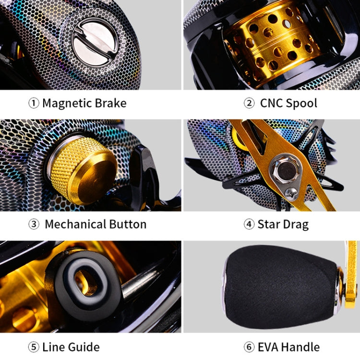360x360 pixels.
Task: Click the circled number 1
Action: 34,103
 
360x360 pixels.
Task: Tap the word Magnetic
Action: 67,103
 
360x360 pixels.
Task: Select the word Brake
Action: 111,103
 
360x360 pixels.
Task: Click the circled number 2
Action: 249,103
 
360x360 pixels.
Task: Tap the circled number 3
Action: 34,224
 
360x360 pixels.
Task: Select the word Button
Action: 128,224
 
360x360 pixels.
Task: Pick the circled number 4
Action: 249,224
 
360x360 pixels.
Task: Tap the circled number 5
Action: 34,347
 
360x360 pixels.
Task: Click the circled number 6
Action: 249,347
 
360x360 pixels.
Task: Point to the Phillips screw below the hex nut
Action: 291,193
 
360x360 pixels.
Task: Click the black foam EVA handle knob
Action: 280,287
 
